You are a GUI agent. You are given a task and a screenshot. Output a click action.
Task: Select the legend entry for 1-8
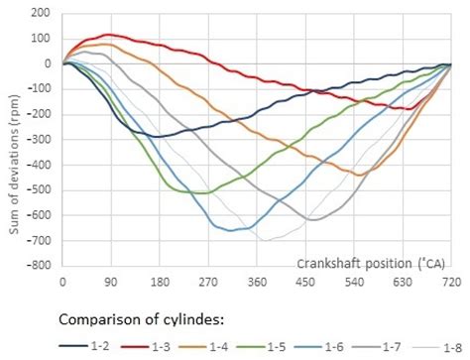[446, 345]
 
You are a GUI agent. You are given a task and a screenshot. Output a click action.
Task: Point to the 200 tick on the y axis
[43, 13]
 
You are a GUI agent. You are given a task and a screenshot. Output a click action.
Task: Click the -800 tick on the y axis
[40, 266]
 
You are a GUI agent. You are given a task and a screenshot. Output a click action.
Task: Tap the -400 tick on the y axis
[40, 165]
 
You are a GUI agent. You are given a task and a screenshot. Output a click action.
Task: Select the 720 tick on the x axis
[451, 282]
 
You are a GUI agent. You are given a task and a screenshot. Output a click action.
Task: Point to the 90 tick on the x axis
[111, 282]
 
